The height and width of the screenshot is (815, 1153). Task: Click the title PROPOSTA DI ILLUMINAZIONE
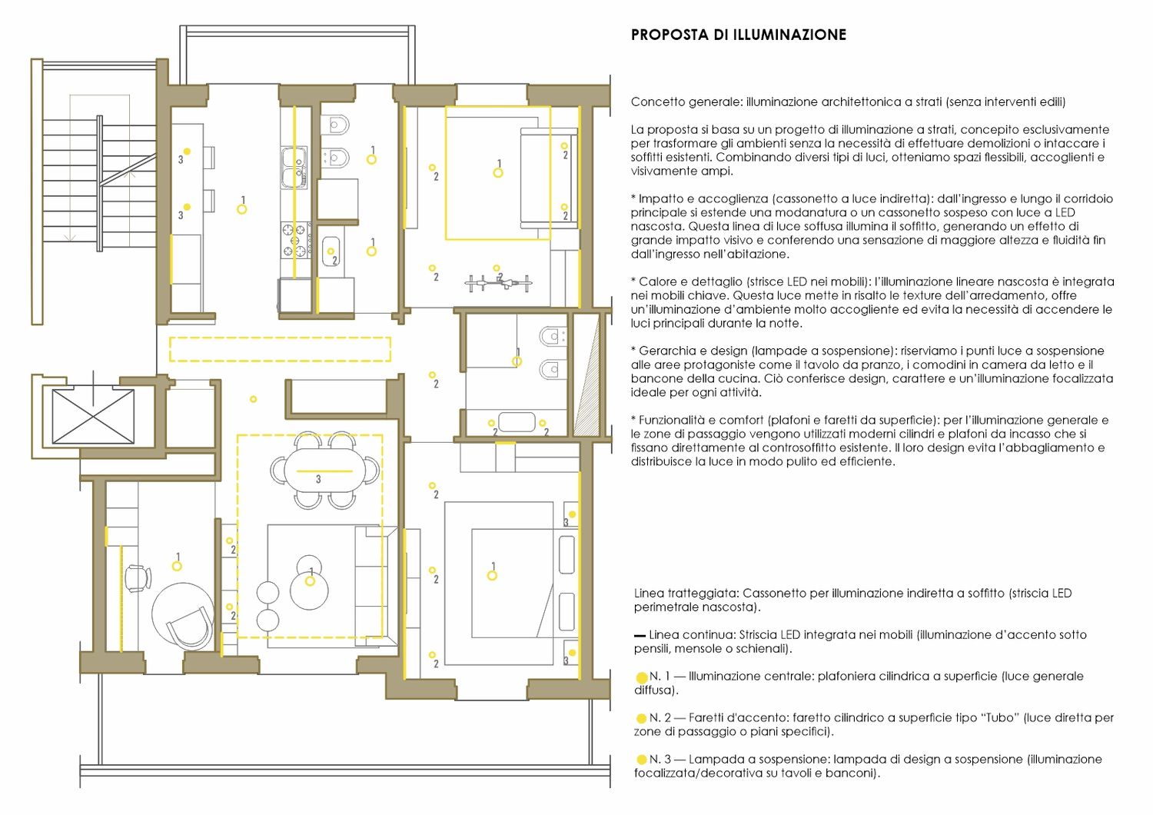[x=738, y=35]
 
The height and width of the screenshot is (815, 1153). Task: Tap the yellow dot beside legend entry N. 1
[x=641, y=677]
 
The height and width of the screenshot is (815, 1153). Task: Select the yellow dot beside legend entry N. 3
[x=641, y=760]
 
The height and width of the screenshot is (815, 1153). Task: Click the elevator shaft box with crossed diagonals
[x=93, y=416]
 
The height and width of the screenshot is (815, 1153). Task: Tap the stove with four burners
[x=296, y=241]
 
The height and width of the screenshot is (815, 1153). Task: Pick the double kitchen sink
[x=294, y=168]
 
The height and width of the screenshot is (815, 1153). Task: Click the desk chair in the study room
[x=138, y=578]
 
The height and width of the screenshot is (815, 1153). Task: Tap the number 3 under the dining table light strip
[x=318, y=479]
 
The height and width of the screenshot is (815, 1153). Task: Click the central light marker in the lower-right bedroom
[x=492, y=576]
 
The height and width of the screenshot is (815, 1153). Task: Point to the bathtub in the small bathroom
[x=517, y=421]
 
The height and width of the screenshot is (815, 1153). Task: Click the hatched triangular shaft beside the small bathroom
[x=586, y=376]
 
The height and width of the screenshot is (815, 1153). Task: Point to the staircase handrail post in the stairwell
[x=99, y=183]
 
